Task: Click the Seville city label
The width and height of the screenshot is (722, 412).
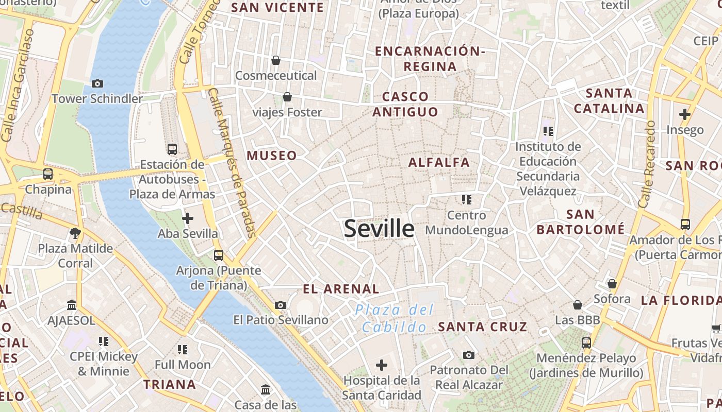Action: coord(379,229)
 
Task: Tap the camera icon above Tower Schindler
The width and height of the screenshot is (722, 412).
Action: coord(97,83)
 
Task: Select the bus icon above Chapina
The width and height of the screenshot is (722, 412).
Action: coord(48,174)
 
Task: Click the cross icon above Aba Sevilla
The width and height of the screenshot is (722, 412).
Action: coord(188,218)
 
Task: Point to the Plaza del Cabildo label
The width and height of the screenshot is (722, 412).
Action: coord(395,318)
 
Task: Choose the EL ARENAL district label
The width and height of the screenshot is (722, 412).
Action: coord(341,289)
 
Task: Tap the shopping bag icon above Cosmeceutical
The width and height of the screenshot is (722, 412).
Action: coord(276,60)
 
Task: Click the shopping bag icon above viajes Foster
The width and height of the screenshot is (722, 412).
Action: coord(287,97)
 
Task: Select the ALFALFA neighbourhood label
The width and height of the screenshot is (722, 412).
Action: coord(439,163)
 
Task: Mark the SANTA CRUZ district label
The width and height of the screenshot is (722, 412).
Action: coord(483,327)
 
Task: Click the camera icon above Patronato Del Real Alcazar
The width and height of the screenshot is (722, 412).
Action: coord(468,355)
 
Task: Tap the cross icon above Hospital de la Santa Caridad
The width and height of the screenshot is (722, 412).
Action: coord(382,366)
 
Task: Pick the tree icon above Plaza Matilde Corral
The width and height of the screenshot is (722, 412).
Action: coord(75,233)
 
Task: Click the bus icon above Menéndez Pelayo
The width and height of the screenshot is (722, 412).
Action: coord(586,342)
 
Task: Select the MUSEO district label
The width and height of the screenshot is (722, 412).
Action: coord(272,156)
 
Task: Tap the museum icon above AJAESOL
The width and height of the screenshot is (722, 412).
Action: coord(72,305)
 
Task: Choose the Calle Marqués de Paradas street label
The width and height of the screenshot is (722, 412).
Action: coord(232,162)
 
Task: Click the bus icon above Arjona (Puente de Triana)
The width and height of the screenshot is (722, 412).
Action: coord(219,255)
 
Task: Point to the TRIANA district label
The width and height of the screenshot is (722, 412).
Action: coord(170,384)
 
